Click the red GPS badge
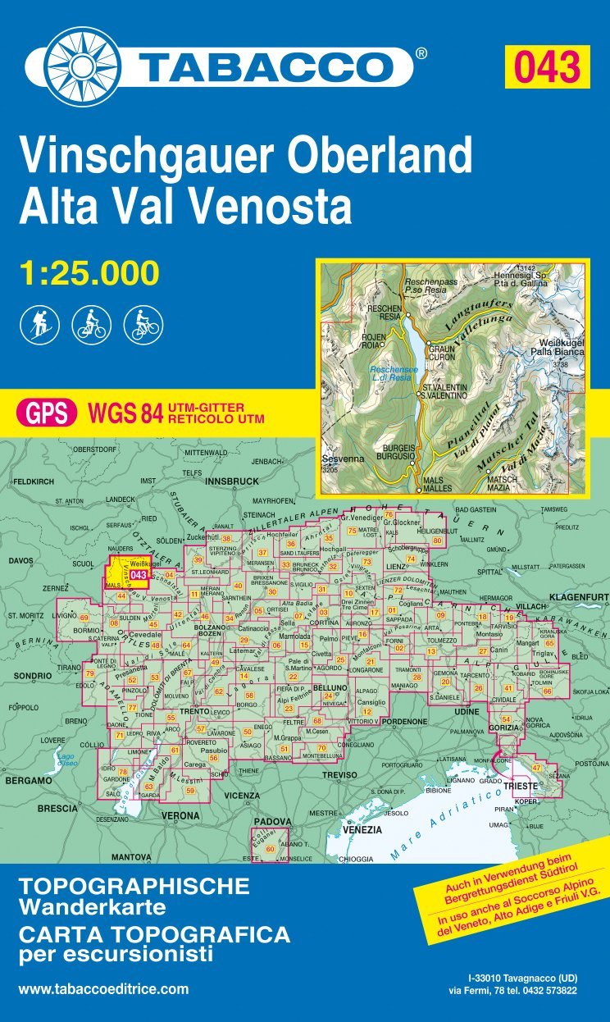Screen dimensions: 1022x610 click(x=47, y=412)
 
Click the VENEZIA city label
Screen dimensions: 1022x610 click(x=362, y=830)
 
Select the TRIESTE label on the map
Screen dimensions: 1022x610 click(x=521, y=785)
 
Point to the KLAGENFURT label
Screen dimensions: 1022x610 click(x=579, y=596)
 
